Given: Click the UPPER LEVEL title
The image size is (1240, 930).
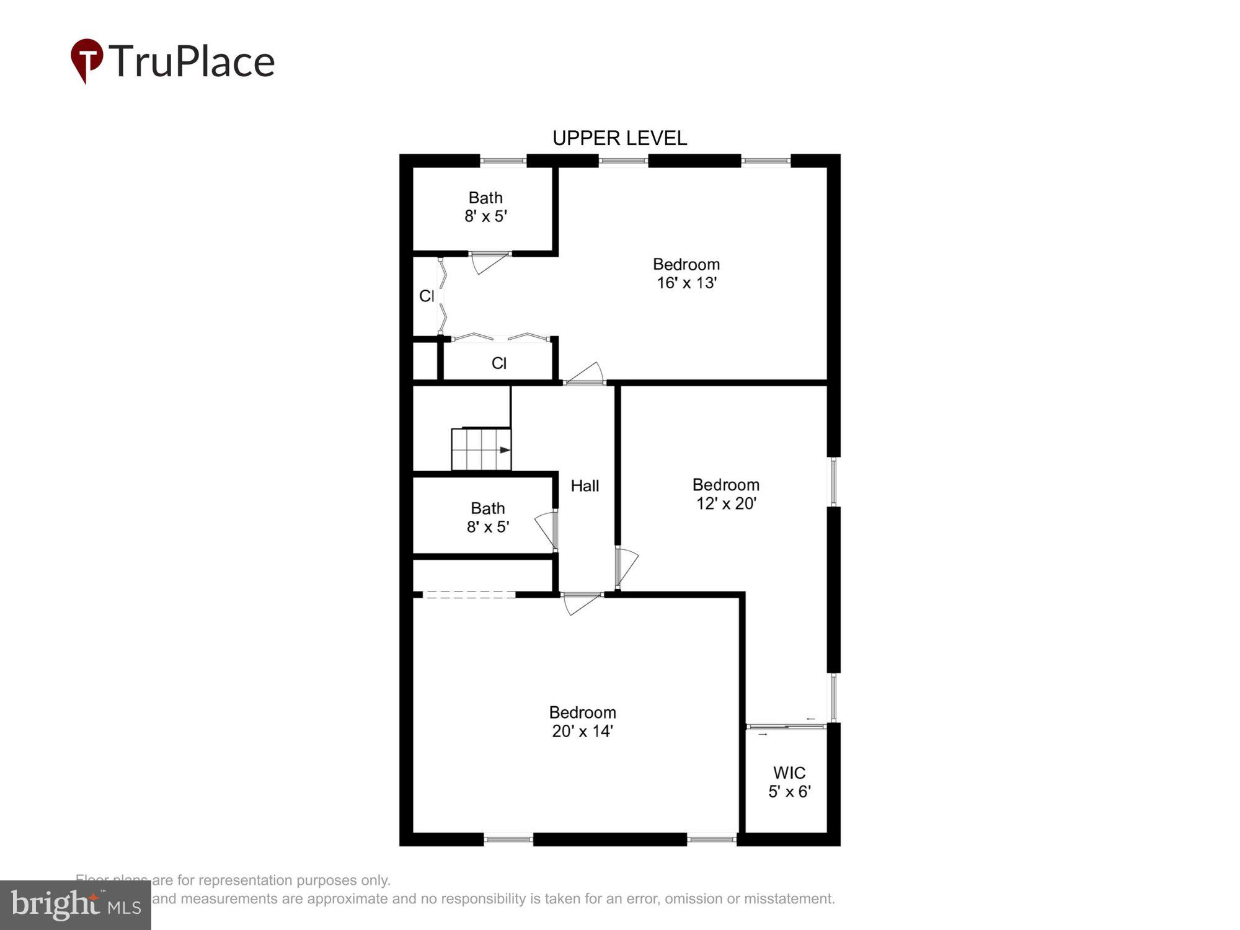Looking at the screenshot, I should (619, 138).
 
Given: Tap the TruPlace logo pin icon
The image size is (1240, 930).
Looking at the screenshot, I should (86, 60).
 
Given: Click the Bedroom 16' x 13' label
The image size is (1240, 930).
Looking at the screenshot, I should (686, 273).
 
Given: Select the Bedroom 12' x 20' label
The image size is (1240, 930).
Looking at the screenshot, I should (725, 494).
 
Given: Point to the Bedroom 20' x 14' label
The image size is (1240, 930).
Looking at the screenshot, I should (582, 721).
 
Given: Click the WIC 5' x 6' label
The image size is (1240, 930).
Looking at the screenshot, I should (789, 782).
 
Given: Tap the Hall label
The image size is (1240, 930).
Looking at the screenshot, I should (585, 485).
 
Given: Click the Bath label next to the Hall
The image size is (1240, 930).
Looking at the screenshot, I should (488, 517).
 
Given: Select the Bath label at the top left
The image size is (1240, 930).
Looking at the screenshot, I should (485, 206).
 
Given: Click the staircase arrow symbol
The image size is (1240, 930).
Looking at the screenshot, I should (505, 450).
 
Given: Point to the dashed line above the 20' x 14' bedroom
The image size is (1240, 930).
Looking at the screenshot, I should (469, 595).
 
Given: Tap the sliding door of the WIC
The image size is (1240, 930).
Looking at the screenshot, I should (786, 726).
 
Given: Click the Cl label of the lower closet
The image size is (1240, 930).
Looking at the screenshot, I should (499, 363).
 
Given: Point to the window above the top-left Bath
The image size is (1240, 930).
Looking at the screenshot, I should (503, 161).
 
